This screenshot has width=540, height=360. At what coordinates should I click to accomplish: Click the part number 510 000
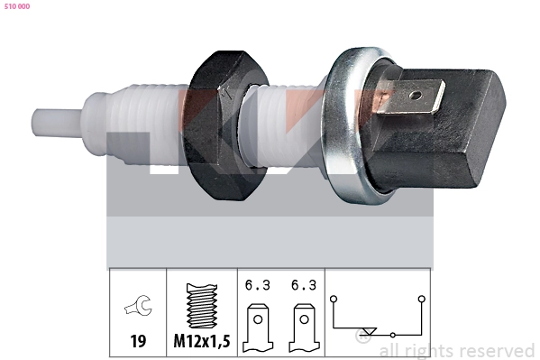coord(17,6)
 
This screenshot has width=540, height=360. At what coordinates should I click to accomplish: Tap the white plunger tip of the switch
coord(57,122)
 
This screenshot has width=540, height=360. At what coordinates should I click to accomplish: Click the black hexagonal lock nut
coord(224,125)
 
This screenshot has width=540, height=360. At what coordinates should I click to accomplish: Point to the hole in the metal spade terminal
coord(416,95)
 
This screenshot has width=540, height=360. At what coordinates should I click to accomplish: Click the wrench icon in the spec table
coord(138,305)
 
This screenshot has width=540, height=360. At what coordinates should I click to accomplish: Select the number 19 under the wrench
coord(138,341)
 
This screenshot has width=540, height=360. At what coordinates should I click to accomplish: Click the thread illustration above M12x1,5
coord(202,306)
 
